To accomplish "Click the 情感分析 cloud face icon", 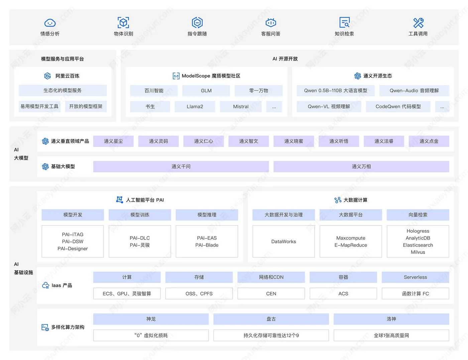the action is pyautogui.click(x=50, y=23).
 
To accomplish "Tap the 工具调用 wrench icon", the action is pyautogui.click(x=418, y=23).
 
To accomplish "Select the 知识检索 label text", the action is pyautogui.click(x=344, y=34).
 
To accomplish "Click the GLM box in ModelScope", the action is pyautogui.click(x=206, y=91).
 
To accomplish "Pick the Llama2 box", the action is pyautogui.click(x=195, y=106).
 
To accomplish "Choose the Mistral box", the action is pyautogui.click(x=241, y=106).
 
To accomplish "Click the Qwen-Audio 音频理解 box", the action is pyautogui.click(x=414, y=91).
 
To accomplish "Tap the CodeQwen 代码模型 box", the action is pyautogui.click(x=398, y=106).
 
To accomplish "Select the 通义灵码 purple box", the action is pyautogui.click(x=158, y=141).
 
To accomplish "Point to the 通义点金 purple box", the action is pyautogui.click(x=429, y=141).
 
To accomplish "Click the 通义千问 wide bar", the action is pyautogui.click(x=181, y=166).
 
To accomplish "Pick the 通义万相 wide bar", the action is pyautogui.click(x=361, y=166).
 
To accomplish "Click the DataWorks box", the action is pyautogui.click(x=283, y=242).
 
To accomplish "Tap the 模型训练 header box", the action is pyautogui.click(x=140, y=215).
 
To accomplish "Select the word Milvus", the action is pyautogui.click(x=418, y=252).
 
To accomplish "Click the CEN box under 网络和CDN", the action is pyautogui.click(x=271, y=293).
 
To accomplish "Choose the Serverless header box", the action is pyautogui.click(x=415, y=277).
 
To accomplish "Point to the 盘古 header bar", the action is pyautogui.click(x=271, y=319).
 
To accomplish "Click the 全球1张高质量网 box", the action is pyautogui.click(x=391, y=335).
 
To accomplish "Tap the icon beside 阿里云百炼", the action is pyautogui.click(x=47, y=76).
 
